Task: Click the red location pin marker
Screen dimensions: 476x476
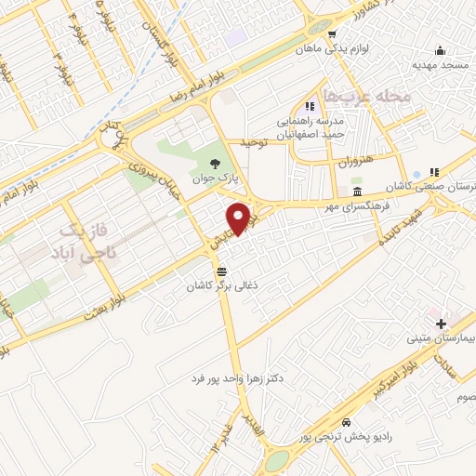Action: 239,217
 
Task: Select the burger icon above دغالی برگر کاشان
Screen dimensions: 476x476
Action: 220,271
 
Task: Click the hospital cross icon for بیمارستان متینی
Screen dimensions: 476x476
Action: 440,322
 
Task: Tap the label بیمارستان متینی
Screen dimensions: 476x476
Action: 442,338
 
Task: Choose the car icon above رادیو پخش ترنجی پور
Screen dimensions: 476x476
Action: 346,420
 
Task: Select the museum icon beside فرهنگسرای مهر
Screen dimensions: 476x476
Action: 358,192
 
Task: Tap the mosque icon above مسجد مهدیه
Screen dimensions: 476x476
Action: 438,50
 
